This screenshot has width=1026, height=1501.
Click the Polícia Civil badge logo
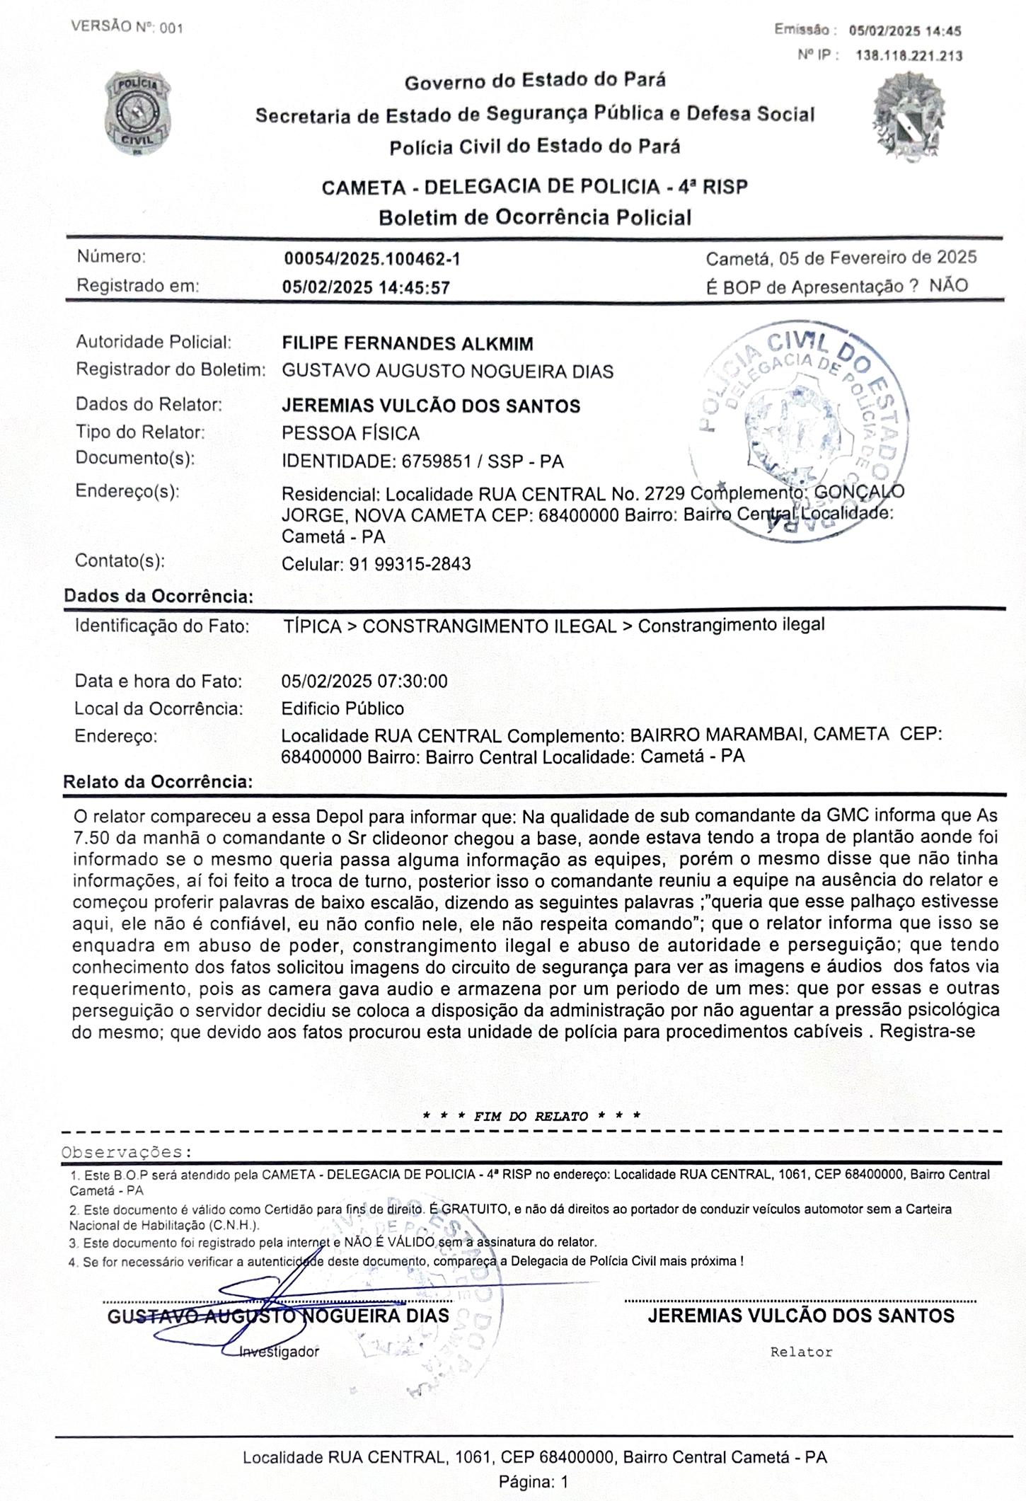(138, 113)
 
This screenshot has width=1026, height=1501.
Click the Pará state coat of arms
(908, 117)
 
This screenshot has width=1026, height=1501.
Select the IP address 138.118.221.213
(909, 55)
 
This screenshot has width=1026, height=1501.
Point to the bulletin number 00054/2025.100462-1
(372, 259)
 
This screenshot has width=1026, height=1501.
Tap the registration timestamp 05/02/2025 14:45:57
(366, 287)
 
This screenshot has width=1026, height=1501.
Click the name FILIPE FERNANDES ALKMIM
(408, 344)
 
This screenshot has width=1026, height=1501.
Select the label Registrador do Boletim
(170, 369)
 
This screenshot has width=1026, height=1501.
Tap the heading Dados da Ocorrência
(158, 596)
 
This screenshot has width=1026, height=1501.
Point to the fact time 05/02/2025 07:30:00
(364, 682)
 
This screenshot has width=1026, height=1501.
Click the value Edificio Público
(342, 708)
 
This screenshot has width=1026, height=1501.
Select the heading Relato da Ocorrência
(158, 782)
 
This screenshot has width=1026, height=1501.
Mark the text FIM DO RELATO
(531, 1117)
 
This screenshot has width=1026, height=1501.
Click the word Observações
(127, 1152)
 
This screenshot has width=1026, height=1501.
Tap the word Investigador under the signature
(279, 1352)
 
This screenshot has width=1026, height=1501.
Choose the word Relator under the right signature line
(801, 1352)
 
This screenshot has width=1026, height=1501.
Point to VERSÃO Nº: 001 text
(127, 28)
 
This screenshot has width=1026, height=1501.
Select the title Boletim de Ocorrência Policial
(535, 217)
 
